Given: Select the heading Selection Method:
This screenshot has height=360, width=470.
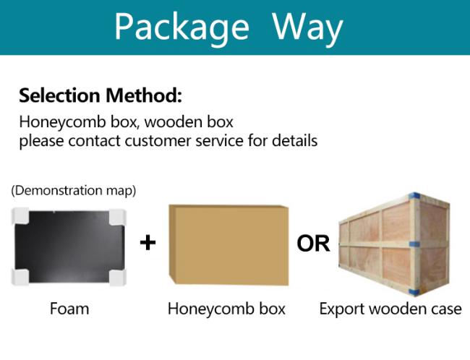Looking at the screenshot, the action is pos(101,95).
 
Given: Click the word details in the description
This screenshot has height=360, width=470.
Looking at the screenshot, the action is pos(294,140).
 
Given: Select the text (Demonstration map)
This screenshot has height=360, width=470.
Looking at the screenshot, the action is pos(74,190).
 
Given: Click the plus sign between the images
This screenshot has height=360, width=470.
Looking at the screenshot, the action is pos(148,243).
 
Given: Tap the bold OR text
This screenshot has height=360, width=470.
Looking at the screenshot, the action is pos(313,244).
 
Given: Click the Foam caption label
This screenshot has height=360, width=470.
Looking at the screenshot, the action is pos(69,309).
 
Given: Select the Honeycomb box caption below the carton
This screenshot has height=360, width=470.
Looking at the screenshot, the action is pos(226,309).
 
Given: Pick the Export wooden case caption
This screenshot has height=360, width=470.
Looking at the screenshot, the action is pos(390,309).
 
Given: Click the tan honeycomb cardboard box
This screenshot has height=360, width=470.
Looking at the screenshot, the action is pos(228,244).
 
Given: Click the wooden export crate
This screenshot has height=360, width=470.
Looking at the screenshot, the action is pos(394,244).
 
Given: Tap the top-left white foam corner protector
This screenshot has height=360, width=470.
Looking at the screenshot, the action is pos(20,215).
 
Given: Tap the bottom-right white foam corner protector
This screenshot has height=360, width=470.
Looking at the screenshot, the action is pos(117,277).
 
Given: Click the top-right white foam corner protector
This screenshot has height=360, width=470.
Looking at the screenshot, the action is pos(117,217).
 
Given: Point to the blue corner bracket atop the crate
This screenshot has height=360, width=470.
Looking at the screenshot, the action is pos(415,196).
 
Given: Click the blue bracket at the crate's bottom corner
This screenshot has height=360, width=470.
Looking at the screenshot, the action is pos(414,292).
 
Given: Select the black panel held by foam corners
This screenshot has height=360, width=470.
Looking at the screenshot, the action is pos(69,247).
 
